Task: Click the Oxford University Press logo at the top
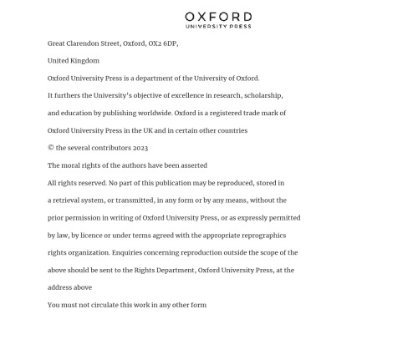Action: point(218,19)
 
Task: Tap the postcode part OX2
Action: point(155,43)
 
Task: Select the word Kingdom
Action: point(84,61)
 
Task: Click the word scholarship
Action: point(263,96)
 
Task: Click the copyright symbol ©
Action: point(51,149)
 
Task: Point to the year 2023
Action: point(139,149)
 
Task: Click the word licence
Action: point(94,236)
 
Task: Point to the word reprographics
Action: point(262,236)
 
